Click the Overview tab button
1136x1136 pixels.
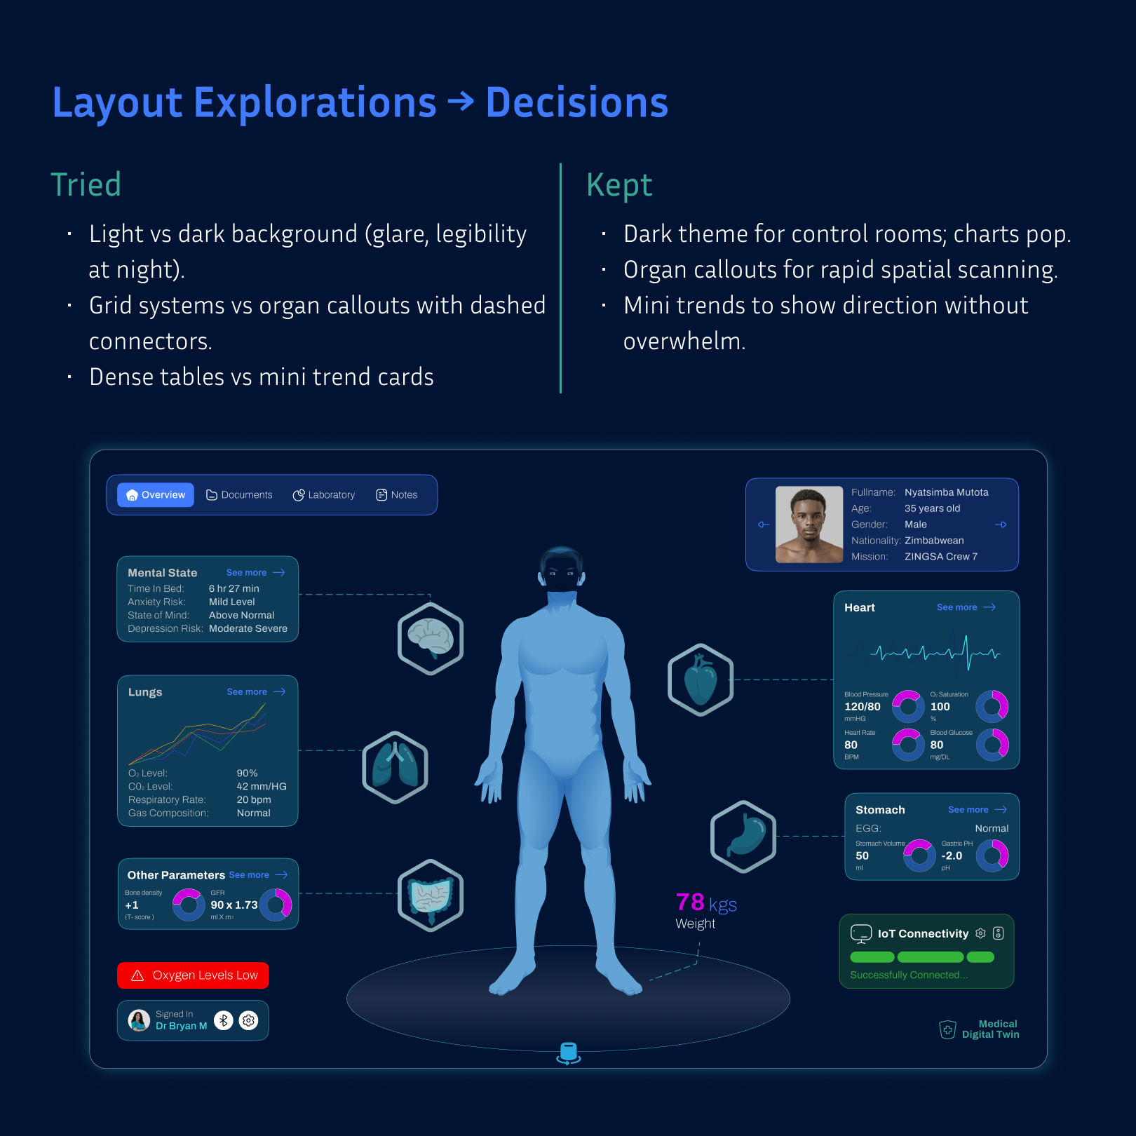(x=156, y=495)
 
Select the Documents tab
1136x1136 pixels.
(x=239, y=495)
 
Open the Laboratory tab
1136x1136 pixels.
(x=324, y=495)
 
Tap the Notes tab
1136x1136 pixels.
(x=397, y=495)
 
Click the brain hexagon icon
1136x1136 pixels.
(x=431, y=639)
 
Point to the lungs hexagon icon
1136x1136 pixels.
(x=395, y=767)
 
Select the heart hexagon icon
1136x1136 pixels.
(x=701, y=679)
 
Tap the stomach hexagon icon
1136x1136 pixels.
(x=743, y=837)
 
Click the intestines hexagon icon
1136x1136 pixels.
(x=431, y=895)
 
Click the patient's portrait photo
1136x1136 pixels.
(x=809, y=525)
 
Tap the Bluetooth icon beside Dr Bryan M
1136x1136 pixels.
(x=224, y=1020)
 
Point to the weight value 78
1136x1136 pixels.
(x=690, y=902)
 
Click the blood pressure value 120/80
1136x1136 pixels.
(x=863, y=707)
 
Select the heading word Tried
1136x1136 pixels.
(x=86, y=185)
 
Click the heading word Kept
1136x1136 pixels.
(x=619, y=185)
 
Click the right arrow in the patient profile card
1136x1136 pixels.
(x=1001, y=525)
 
